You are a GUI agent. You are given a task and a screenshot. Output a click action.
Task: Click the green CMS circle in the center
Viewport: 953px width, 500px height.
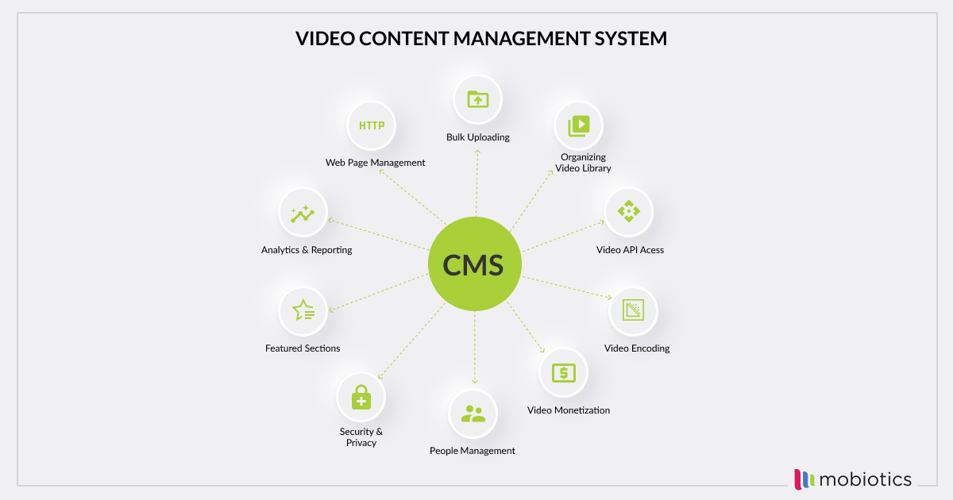pos(475,264)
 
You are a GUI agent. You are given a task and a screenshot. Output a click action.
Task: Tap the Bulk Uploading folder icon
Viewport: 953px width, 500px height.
pos(477,99)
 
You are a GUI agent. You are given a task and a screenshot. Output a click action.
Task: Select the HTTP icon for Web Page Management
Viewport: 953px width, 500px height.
pos(372,125)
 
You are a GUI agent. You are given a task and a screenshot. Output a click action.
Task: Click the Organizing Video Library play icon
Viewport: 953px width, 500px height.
pos(578,125)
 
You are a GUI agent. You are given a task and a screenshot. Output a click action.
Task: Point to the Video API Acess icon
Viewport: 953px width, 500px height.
pos(628,212)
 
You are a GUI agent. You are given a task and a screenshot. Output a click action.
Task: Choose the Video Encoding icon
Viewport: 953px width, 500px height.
pos(633,310)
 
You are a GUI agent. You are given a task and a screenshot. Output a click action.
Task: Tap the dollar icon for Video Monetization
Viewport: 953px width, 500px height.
pos(563,372)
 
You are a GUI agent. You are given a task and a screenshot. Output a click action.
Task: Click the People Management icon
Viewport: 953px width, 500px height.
pos(473,413)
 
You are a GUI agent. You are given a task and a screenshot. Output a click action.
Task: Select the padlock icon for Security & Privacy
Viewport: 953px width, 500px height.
pos(361,396)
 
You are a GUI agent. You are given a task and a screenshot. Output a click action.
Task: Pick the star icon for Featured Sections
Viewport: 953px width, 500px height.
pos(303,310)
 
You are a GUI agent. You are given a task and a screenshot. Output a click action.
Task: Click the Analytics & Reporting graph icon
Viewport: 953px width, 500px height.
pos(303,214)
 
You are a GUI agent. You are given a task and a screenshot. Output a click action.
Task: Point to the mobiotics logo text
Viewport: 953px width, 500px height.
pos(866,479)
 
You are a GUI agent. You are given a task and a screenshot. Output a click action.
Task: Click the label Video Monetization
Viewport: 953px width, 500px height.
pos(569,410)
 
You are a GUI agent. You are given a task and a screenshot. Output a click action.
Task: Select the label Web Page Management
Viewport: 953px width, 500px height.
pos(375,163)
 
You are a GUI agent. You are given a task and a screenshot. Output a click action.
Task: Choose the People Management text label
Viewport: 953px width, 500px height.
pos(473,451)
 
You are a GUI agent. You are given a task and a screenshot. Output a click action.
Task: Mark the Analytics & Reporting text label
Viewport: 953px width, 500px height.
pos(307,250)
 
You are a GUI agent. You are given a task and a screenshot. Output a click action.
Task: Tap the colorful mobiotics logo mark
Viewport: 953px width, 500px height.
pos(804,479)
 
